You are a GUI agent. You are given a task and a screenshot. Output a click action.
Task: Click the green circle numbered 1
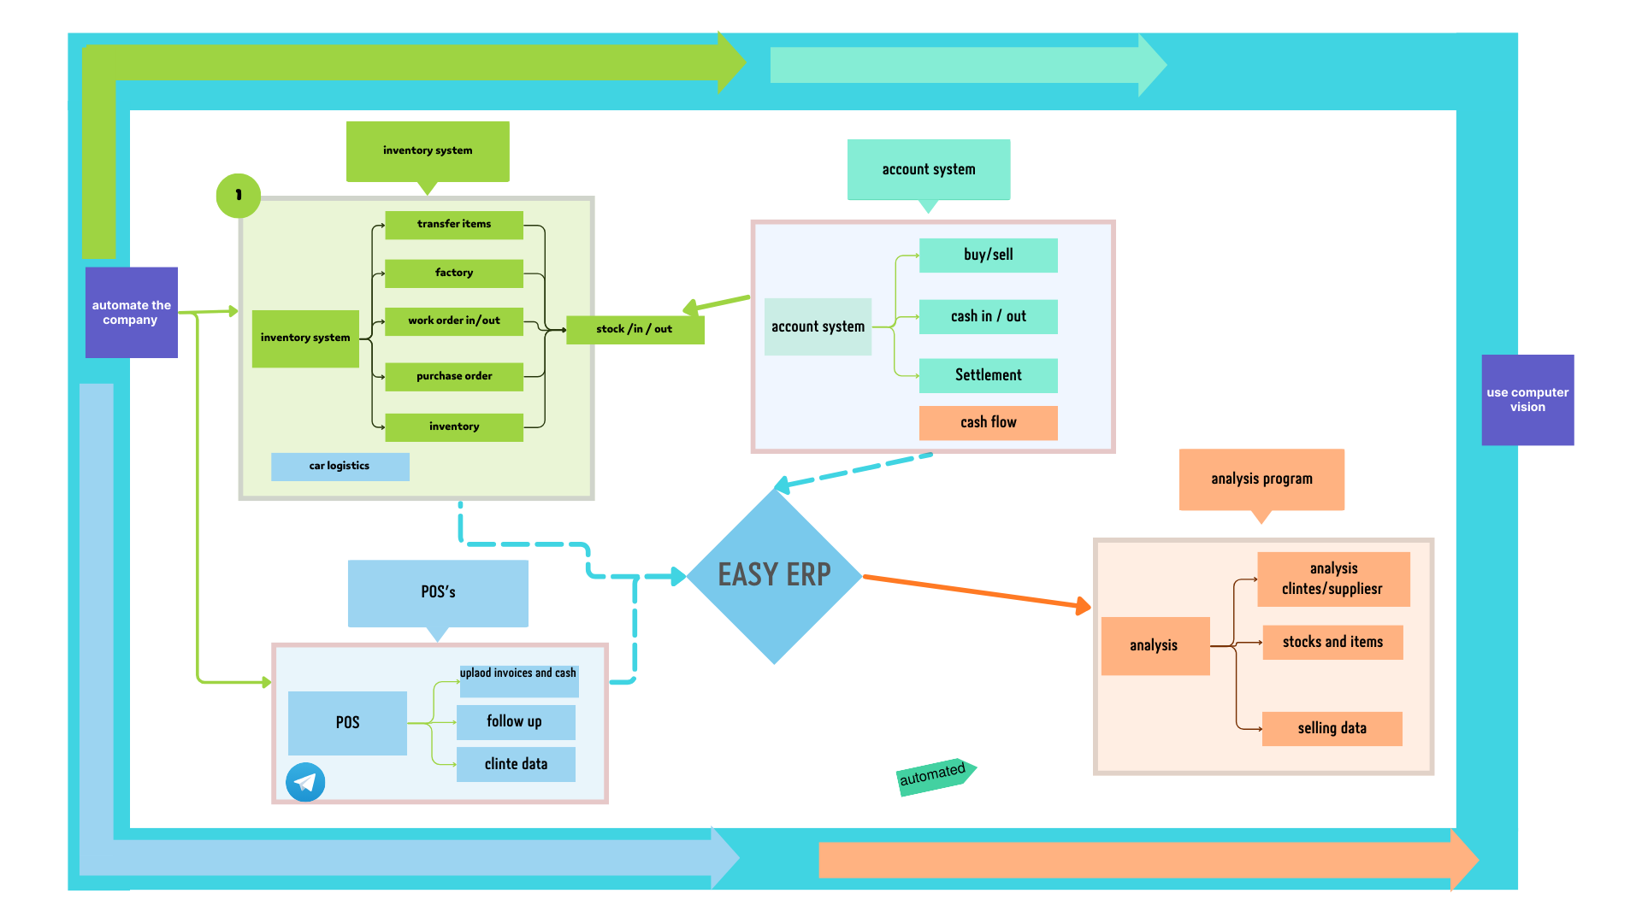click(238, 195)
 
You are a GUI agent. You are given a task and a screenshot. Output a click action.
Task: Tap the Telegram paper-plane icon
click(305, 782)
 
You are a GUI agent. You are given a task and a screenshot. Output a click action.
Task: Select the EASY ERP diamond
click(774, 575)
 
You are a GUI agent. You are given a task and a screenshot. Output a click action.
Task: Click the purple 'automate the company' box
click(132, 312)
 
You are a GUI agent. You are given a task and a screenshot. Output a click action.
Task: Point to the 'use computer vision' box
click(1527, 400)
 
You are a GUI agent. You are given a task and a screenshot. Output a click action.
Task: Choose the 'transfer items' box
click(454, 224)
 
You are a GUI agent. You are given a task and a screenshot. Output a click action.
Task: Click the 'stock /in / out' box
click(635, 329)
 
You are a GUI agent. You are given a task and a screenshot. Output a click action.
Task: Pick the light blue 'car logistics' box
click(340, 466)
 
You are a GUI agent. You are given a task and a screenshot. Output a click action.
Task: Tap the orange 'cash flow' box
click(988, 422)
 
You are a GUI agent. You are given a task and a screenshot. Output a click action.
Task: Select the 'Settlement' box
click(988, 375)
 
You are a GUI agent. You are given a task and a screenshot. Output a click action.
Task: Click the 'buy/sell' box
click(988, 255)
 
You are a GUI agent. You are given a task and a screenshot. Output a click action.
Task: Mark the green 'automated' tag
click(934, 775)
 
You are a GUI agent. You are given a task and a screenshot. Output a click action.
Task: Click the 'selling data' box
click(1332, 728)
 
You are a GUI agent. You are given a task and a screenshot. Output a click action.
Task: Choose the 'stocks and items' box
click(1332, 642)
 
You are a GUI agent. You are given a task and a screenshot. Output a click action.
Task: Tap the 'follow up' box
click(515, 721)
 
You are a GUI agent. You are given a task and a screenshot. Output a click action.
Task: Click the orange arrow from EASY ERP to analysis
click(975, 591)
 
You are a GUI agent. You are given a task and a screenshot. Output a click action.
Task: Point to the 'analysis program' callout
click(1261, 479)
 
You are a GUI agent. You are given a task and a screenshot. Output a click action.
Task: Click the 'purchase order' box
click(454, 376)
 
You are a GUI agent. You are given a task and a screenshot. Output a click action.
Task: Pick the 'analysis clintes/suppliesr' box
click(1332, 579)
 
